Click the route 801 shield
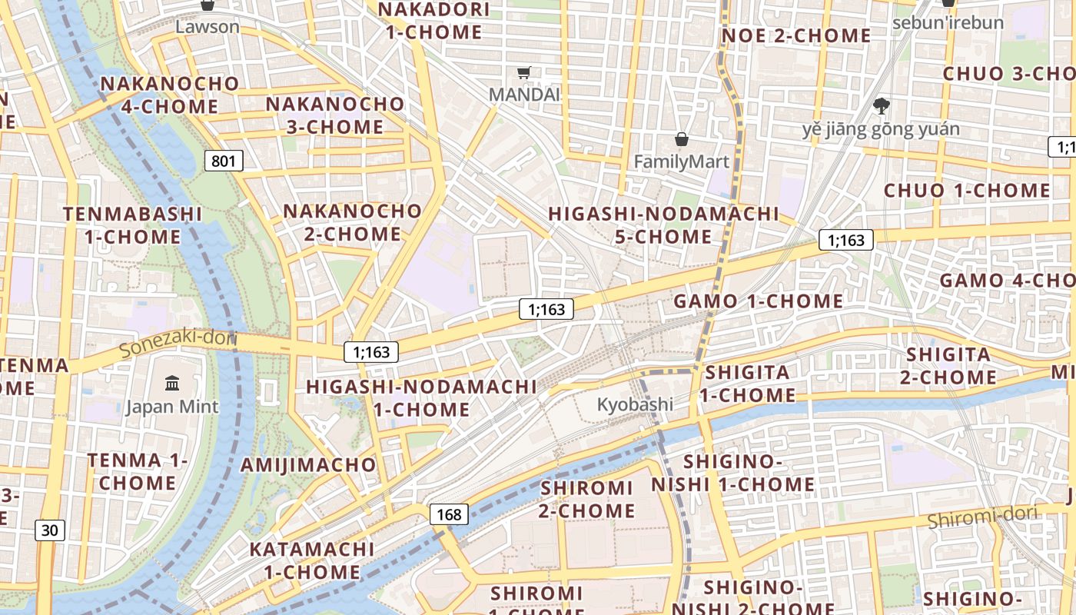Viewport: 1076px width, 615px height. click(224, 161)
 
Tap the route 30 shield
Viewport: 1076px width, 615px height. click(49, 530)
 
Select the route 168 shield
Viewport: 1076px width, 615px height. click(449, 514)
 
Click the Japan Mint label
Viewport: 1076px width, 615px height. click(172, 407)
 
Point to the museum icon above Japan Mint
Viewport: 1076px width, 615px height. click(172, 382)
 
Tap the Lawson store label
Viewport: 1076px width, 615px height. click(207, 27)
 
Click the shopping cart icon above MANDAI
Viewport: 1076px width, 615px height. click(524, 73)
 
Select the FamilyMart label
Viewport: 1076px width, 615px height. click(681, 162)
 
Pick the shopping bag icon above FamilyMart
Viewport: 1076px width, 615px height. click(681, 139)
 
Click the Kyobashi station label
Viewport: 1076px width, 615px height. click(635, 404)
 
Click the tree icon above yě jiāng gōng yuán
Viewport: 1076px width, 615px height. click(882, 105)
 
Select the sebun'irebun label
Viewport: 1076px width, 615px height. click(948, 22)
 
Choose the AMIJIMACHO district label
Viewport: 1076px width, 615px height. click(308, 465)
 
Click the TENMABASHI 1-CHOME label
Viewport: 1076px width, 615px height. click(132, 225)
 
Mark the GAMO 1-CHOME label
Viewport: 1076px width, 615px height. click(758, 301)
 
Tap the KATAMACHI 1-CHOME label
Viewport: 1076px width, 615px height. click(311, 560)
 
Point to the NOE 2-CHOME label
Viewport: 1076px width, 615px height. click(795, 36)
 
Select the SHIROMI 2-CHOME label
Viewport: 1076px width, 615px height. click(587, 499)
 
